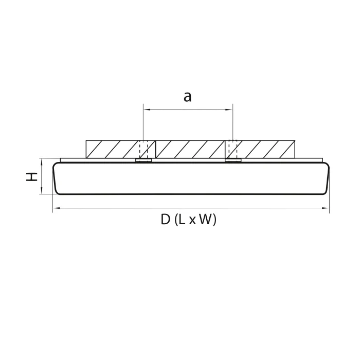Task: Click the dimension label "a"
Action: [188, 96]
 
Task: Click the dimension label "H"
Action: [32, 176]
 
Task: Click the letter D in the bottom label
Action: [165, 220]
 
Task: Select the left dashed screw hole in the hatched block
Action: [143, 149]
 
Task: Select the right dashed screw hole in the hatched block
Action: [232, 149]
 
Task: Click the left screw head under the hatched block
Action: [143, 161]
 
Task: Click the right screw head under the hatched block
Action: [233, 161]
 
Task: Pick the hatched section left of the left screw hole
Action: [112, 149]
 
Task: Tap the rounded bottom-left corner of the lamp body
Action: [58, 191]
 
